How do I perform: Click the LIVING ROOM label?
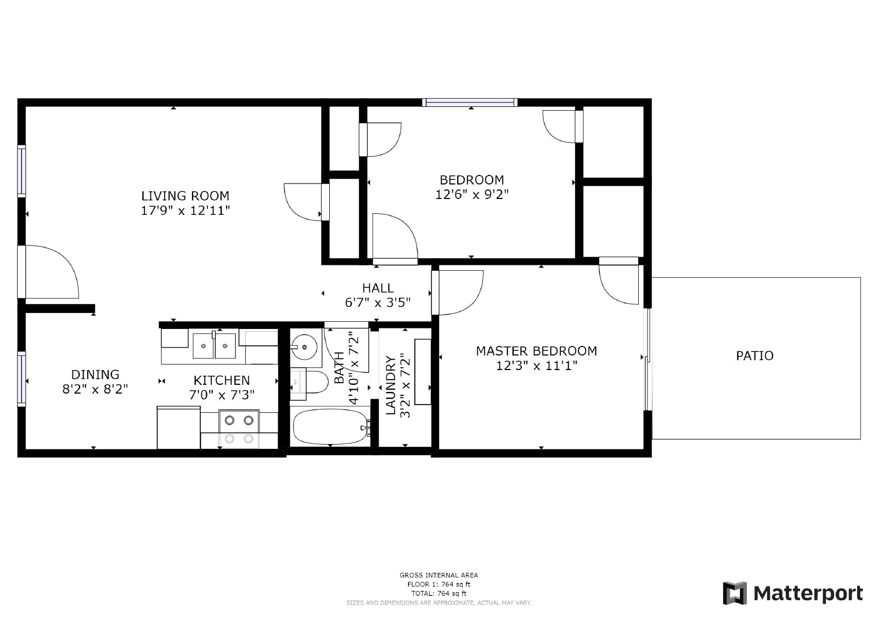point(185,196)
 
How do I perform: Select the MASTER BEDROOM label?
point(536,351)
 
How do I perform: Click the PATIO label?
point(755,356)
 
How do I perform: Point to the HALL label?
point(378,288)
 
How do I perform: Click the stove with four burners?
point(239,429)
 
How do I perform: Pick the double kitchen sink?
point(214,346)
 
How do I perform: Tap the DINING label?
point(95,374)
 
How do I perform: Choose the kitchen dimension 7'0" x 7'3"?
point(222,395)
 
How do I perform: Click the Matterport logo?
point(792,593)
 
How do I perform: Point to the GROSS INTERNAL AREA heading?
point(438,575)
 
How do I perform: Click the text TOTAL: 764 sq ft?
point(438,593)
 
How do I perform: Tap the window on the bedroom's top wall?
point(470,102)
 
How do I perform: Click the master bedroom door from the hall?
point(457,292)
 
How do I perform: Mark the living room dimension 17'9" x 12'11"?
point(185,211)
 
